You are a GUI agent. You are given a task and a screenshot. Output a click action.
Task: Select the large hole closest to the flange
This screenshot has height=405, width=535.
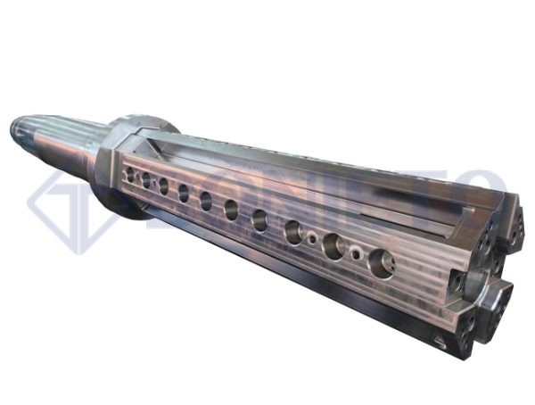pyautogui.click(x=130, y=175)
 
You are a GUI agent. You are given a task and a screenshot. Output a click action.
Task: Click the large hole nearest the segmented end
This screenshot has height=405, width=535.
pyautogui.click(x=381, y=262)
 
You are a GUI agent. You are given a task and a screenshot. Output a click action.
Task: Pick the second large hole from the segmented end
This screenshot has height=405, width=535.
pyautogui.click(x=333, y=246)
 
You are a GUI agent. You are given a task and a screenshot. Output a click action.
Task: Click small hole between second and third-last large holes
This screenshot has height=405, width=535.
pyautogui.click(x=311, y=239)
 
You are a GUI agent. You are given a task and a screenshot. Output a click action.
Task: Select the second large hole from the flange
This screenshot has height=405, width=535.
pyautogui.click(x=145, y=180)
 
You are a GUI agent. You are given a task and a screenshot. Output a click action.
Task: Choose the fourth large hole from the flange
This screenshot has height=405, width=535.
pyautogui.click(x=183, y=193)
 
